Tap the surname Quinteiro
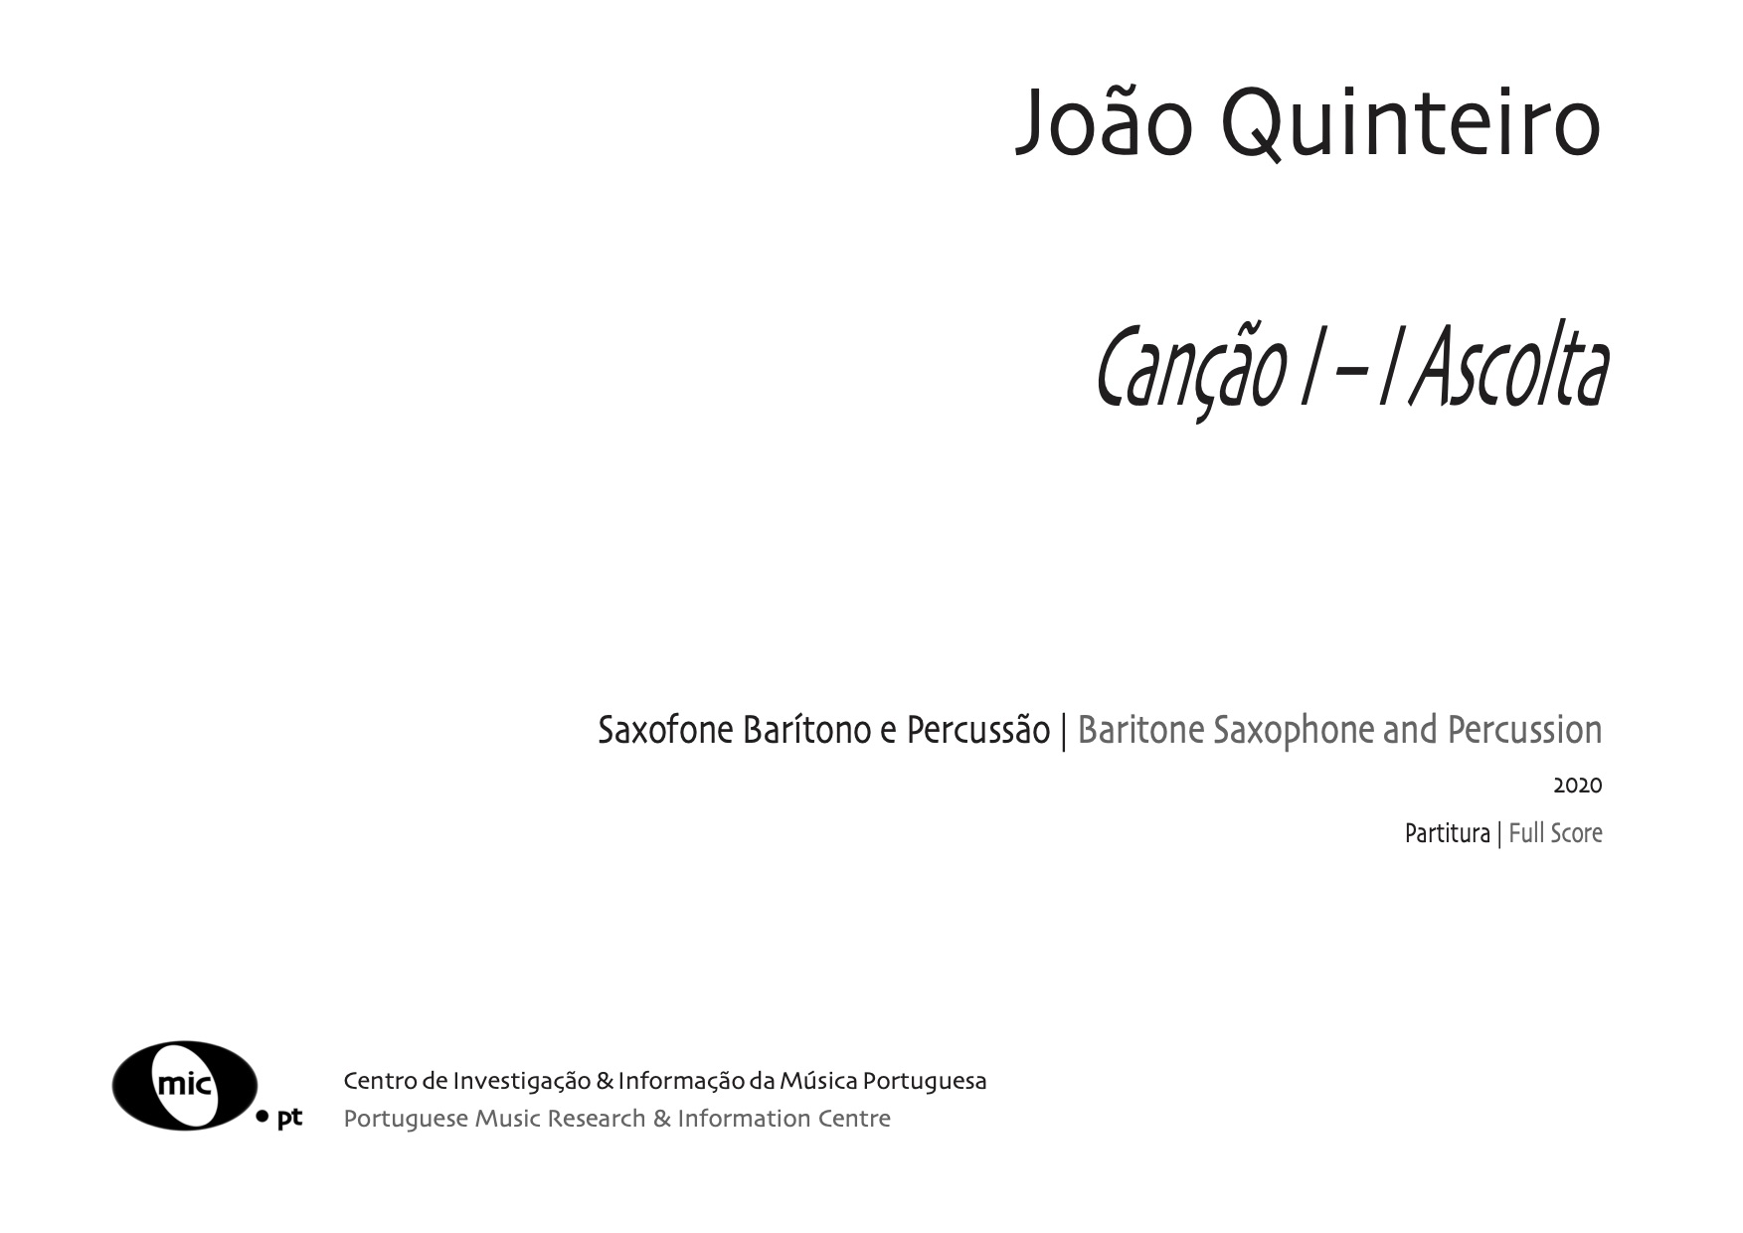(x=1411, y=124)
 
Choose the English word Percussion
(x=1524, y=731)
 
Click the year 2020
(x=1578, y=786)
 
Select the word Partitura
(x=1447, y=833)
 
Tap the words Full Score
(x=1555, y=833)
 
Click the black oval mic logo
(x=185, y=1085)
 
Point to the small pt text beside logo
(x=289, y=1118)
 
